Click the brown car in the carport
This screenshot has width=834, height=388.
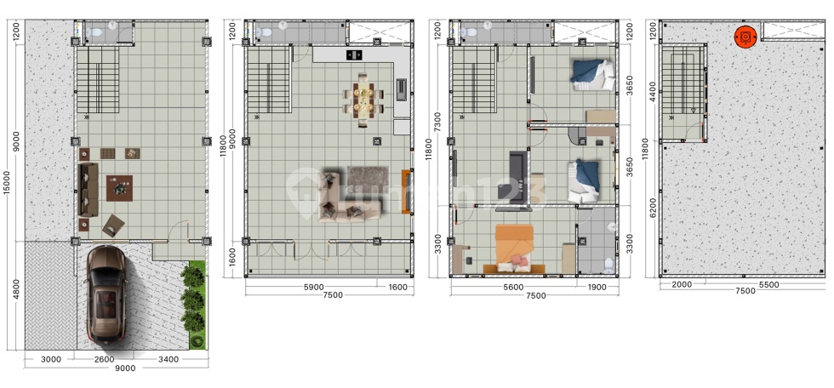(107, 294)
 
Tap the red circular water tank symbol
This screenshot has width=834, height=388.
(745, 37)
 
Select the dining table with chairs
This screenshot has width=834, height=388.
(364, 100)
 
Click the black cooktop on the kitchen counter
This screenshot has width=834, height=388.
(355, 54)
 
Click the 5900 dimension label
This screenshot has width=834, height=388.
(314, 288)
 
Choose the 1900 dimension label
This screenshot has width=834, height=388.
(597, 288)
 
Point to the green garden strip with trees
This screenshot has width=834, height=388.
(197, 305)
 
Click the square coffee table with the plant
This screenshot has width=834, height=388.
(119, 188)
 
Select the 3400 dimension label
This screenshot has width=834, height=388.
(169, 360)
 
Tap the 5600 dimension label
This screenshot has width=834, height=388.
(513, 288)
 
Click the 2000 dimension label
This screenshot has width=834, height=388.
(682, 285)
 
